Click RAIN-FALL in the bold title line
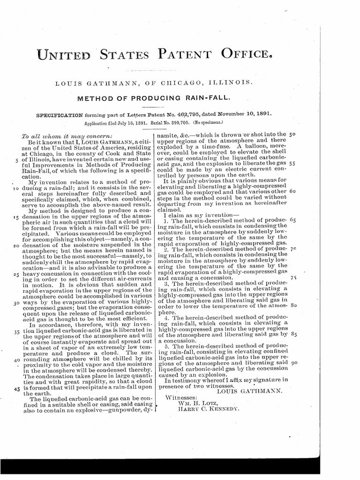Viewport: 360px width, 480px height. pos(208,98)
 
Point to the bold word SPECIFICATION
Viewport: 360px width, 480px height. pos(59,114)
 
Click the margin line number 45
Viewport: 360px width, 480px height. pos(16,389)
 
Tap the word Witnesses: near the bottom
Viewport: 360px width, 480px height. pos(184,397)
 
